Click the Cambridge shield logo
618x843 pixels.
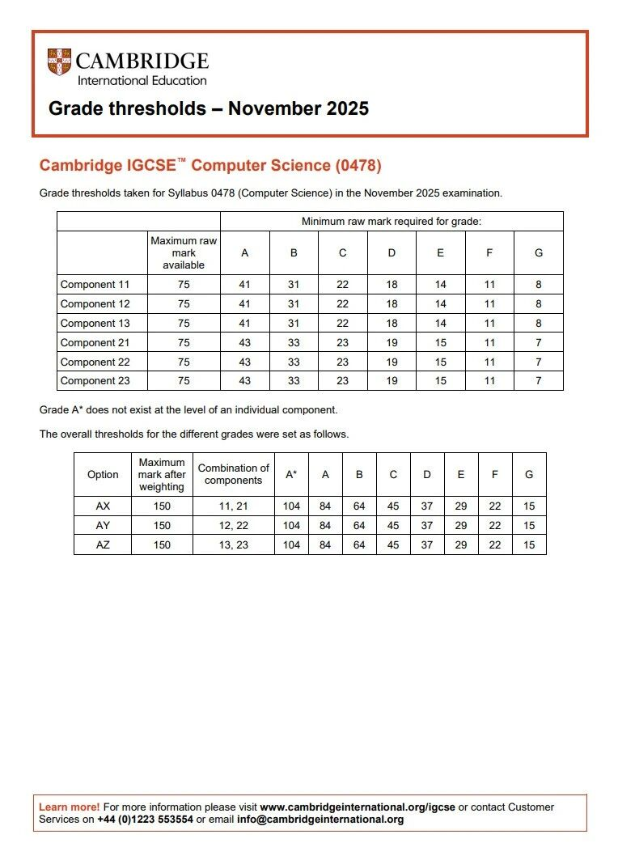point(59,63)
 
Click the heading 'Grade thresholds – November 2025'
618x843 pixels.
point(209,108)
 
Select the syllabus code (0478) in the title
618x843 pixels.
point(358,166)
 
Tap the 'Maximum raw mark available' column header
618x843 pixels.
point(184,253)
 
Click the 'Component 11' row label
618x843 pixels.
point(95,285)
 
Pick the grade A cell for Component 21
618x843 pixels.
point(244,343)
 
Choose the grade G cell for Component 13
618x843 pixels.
point(538,324)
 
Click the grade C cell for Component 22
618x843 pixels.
point(342,362)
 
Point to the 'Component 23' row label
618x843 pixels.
point(95,381)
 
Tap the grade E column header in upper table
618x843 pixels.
point(440,253)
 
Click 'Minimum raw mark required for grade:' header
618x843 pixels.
point(392,222)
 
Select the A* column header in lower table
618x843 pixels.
point(291,475)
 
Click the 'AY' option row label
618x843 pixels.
point(103,526)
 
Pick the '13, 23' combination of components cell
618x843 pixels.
point(233,545)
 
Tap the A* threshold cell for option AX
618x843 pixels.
point(291,506)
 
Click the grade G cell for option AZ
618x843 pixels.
point(529,545)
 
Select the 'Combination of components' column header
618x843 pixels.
point(233,475)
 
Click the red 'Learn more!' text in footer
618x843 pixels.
point(69,807)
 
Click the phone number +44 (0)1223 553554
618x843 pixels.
point(145,820)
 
